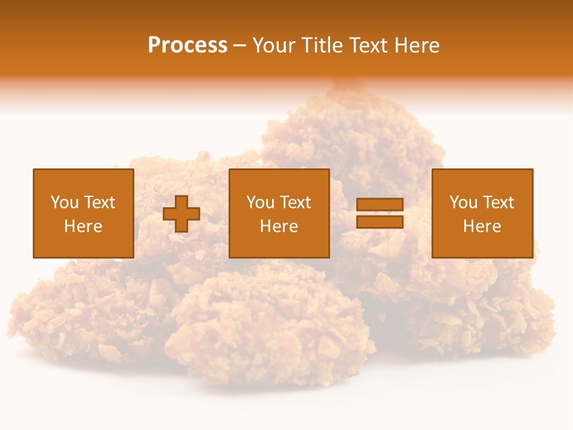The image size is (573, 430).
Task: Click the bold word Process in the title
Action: coord(187,45)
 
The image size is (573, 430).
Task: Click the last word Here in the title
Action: coord(417,45)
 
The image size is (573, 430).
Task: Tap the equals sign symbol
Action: coord(380,213)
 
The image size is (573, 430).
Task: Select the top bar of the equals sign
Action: coord(380,205)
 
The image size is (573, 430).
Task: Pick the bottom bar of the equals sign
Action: coord(380,222)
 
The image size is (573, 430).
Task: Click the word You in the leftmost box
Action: coord(63,202)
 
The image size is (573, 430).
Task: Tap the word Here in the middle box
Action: coord(279,226)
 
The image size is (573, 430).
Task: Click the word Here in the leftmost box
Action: coord(83,226)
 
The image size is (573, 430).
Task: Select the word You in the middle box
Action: coord(259,202)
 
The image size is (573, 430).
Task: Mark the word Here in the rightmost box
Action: coord(482,226)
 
